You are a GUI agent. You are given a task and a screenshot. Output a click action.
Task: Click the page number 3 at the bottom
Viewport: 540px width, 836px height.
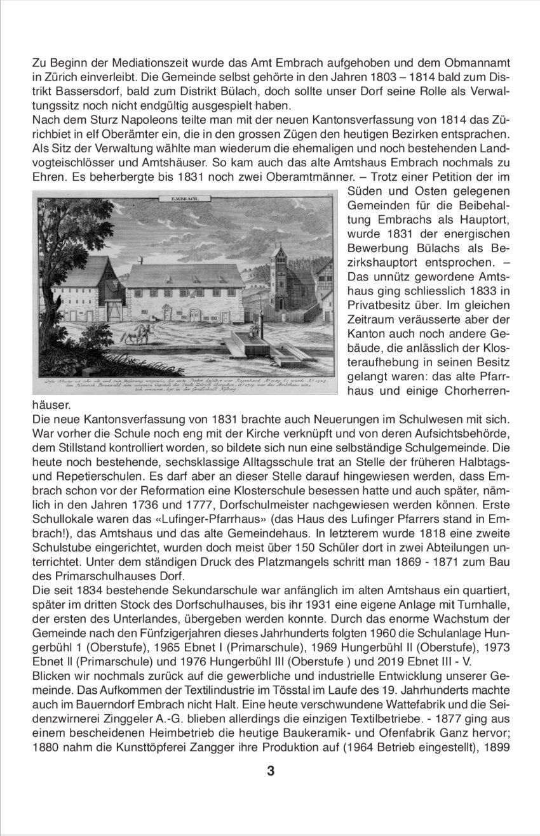point(271,771)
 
